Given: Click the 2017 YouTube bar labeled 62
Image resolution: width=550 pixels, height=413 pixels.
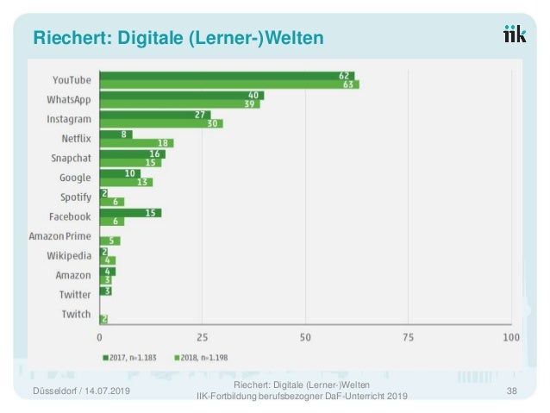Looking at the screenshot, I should pyautogui.click(x=227, y=76).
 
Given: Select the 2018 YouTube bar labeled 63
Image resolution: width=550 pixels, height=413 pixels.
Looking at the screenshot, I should pyautogui.click(x=229, y=85).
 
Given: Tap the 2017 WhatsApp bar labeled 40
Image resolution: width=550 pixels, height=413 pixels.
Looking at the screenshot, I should pyautogui.click(x=181, y=95).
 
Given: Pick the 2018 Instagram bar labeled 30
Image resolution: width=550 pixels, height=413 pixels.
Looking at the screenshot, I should pyautogui.click(x=161, y=124).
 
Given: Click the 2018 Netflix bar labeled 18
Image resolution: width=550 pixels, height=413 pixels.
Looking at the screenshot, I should pyautogui.click(x=136, y=143).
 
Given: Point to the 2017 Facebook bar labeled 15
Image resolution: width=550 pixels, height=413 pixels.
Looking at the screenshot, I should pyautogui.click(x=130, y=212).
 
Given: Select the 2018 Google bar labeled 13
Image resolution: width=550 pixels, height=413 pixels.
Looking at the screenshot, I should pyautogui.click(x=126, y=182).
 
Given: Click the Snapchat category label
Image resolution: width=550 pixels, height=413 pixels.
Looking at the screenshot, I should pyautogui.click(x=71, y=158).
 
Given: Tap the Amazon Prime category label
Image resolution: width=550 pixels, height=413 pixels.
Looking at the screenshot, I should pyautogui.click(x=59, y=236).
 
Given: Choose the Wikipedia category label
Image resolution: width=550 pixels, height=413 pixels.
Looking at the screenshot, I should pyautogui.click(x=68, y=255).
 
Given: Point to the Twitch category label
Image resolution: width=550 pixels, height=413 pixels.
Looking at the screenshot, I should pyautogui.click(x=76, y=314).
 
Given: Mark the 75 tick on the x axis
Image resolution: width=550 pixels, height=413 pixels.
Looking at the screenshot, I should pyautogui.click(x=408, y=336).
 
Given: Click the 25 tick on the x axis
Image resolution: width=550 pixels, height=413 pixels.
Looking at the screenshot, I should pyautogui.click(x=203, y=336).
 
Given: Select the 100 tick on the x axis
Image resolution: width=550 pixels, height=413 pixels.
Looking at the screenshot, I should pyautogui.click(x=510, y=336).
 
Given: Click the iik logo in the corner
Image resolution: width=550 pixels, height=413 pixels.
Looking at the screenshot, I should pyautogui.click(x=516, y=34).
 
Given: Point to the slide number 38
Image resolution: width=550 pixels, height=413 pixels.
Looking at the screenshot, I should pyautogui.click(x=512, y=391).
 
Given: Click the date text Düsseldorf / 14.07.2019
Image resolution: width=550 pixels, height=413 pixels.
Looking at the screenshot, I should pyautogui.click(x=81, y=392).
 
